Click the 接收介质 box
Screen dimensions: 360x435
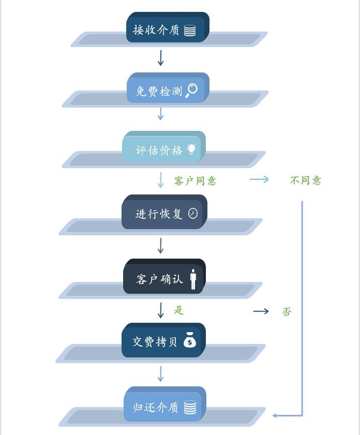168,27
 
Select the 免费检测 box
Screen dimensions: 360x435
168,88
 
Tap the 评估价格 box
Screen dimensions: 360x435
164,147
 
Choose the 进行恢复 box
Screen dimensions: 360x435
164,212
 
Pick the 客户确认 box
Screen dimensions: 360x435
164,276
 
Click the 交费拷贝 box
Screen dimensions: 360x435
163,340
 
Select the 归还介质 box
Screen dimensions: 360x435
165,404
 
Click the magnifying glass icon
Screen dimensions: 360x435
191,91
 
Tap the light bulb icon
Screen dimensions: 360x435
191,149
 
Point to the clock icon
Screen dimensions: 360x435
193,213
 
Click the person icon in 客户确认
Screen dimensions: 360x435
193,279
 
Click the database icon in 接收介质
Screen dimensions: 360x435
190,30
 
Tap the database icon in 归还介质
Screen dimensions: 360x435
190,408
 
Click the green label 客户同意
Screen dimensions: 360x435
195,181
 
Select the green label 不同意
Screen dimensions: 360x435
306,181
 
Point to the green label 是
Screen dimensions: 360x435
179,310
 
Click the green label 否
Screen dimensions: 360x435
287,312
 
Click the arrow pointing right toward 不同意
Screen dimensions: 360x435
259,179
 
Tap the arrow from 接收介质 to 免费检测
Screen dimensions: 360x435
160,58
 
